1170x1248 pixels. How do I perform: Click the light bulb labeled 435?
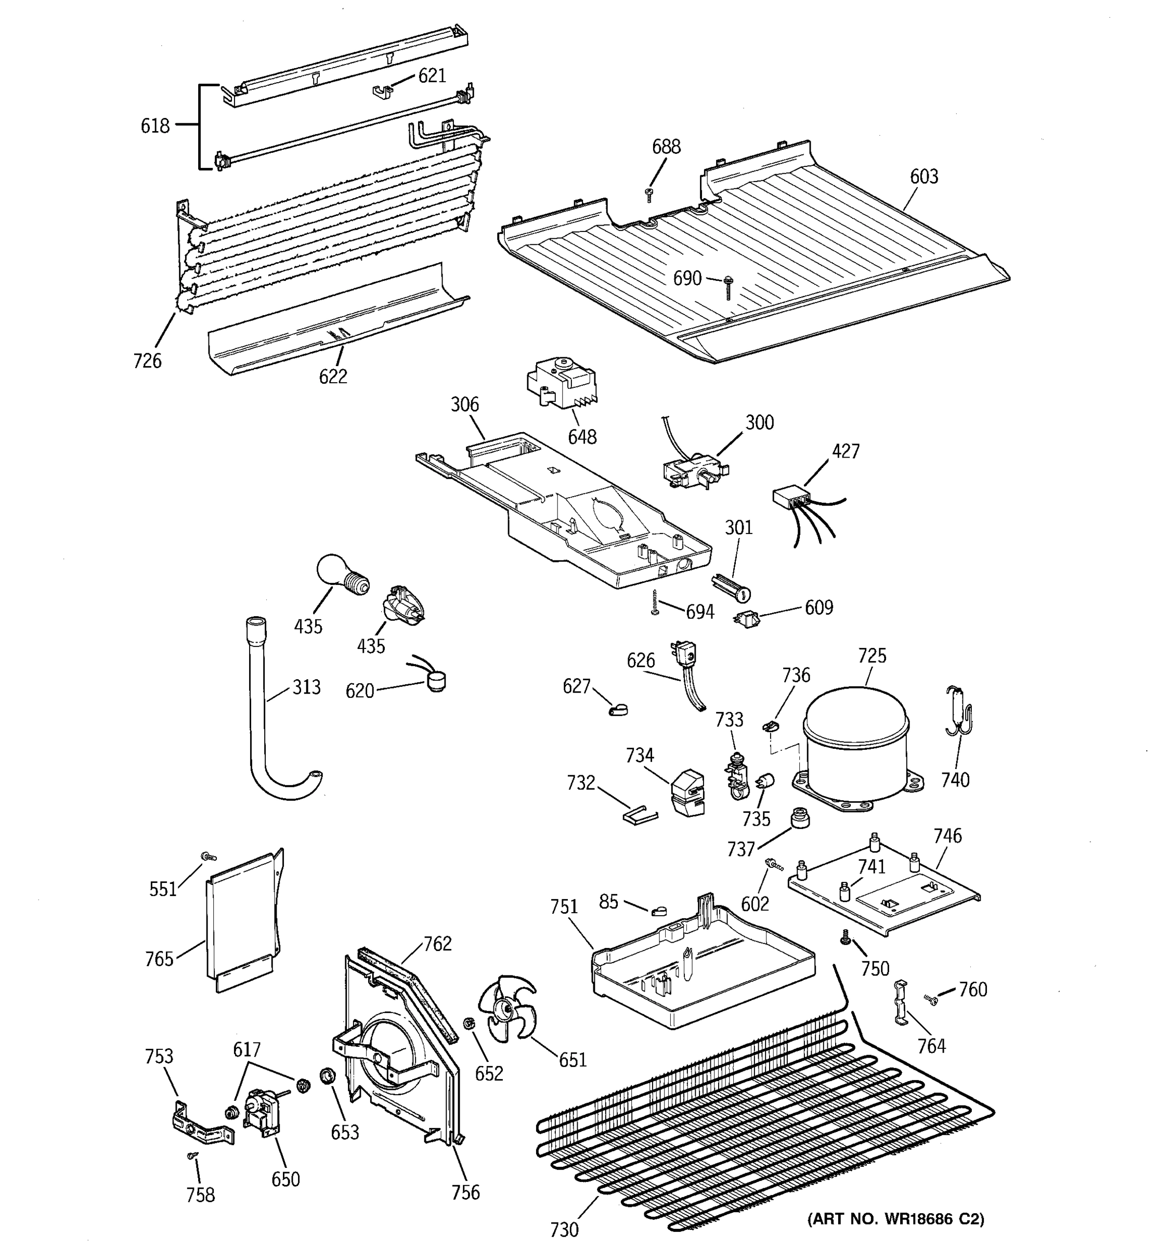(341, 573)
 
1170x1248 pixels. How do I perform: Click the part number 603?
(924, 176)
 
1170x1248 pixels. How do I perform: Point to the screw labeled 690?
(728, 287)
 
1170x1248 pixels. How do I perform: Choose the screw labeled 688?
(649, 194)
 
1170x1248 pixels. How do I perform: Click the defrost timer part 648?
(561, 382)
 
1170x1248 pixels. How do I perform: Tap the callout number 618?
(155, 126)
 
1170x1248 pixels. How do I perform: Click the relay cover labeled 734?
(687, 792)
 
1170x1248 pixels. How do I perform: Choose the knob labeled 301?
(732, 587)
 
